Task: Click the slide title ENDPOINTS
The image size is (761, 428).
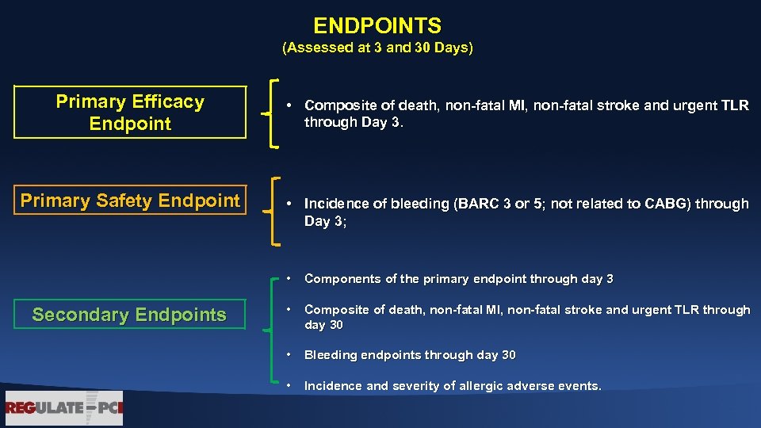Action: [377, 26]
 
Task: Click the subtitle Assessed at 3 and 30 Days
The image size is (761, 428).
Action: [377, 48]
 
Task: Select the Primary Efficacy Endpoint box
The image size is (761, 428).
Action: [131, 113]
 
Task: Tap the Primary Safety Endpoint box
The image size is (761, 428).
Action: [130, 201]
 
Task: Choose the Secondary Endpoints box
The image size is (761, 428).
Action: [129, 315]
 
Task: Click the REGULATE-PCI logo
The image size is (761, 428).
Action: [64, 409]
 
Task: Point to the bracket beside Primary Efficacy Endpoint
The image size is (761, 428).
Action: [272, 113]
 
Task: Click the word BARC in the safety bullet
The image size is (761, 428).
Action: [472, 204]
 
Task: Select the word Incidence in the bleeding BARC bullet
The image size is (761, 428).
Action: [337, 204]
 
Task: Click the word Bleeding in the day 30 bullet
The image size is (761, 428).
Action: [331, 355]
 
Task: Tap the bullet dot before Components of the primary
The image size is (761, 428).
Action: [291, 279]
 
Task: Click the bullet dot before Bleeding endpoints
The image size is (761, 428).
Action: [291, 355]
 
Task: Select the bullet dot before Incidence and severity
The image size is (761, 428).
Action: [291, 386]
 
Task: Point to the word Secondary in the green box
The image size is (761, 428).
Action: [78, 315]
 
